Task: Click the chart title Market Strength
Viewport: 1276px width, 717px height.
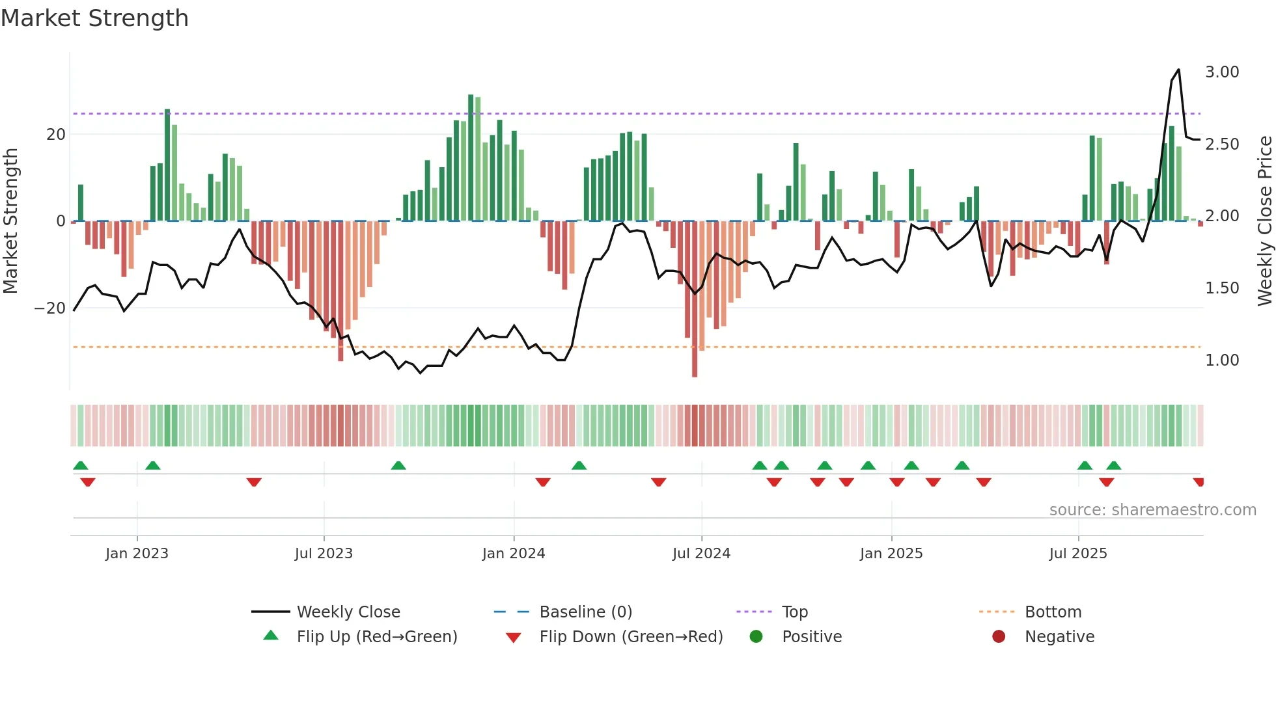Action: tap(94, 18)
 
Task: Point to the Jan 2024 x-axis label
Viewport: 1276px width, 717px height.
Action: tap(513, 554)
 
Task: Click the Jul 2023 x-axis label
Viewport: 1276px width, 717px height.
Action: tap(324, 554)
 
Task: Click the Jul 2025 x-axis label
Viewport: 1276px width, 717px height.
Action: tap(1077, 554)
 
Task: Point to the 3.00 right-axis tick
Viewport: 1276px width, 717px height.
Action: tap(1222, 72)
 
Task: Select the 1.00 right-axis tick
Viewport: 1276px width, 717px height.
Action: tap(1222, 360)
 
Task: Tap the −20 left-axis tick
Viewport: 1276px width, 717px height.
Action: tap(50, 308)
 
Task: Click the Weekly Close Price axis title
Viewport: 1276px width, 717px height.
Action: tap(1264, 221)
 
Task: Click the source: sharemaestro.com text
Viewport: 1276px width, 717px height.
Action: tap(1152, 510)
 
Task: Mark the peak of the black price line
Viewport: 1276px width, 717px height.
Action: tap(1178, 70)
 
